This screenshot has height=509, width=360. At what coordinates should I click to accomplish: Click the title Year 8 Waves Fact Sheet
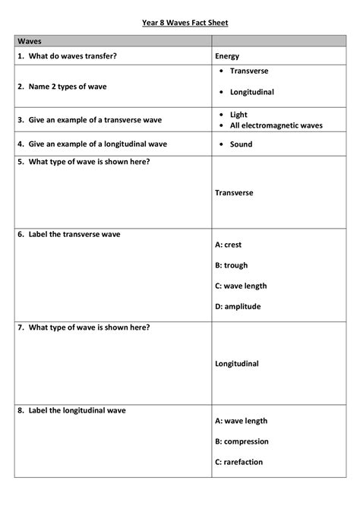(185, 23)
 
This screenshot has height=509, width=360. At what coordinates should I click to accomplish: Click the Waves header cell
(30, 40)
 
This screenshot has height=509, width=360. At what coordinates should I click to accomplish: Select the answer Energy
(227, 56)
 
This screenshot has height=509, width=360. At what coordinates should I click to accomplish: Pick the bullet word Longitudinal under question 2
(252, 92)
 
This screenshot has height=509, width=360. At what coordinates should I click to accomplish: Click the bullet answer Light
(238, 115)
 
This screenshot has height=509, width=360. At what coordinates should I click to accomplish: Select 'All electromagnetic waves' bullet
(276, 125)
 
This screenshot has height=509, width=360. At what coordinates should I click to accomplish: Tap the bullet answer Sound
(242, 144)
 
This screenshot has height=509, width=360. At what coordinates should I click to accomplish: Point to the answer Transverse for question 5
(234, 193)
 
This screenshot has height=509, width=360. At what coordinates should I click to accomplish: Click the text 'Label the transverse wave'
(74, 234)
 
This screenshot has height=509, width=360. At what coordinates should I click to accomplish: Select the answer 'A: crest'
(229, 245)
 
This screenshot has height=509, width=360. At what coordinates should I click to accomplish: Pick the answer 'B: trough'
(232, 266)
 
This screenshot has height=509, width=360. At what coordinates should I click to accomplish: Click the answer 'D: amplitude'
(238, 307)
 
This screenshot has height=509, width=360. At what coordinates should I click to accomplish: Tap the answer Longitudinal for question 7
(237, 364)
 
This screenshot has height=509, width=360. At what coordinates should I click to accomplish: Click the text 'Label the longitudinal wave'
(77, 410)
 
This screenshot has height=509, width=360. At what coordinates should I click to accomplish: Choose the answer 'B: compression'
(242, 441)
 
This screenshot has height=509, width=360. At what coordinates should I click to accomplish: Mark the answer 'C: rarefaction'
(239, 462)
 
